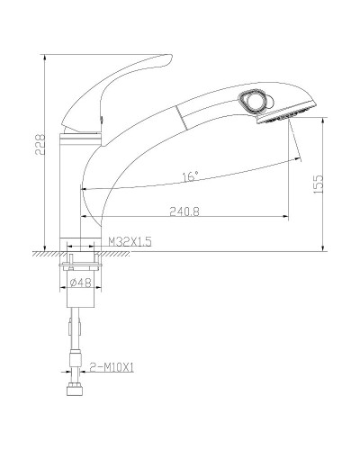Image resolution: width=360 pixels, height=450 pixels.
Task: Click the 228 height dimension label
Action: pos(40,144)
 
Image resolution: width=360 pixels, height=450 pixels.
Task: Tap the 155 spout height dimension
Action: pos(319,184)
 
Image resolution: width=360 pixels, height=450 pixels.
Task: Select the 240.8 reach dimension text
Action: pos(184,211)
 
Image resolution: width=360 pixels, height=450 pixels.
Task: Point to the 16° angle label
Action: pos(191,176)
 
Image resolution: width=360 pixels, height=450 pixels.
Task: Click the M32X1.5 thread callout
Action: pos(130,241)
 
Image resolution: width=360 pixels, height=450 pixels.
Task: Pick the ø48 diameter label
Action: pos(81,283)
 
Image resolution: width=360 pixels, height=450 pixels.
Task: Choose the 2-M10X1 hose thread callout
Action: pos(112,367)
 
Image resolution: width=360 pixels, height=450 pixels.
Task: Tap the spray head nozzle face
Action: pos(286,115)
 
